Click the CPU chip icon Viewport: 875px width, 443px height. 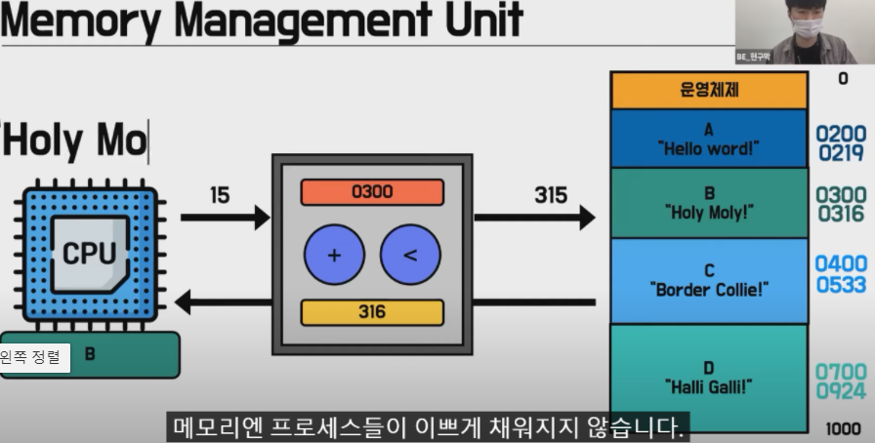(89, 254)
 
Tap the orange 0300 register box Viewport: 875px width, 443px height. (372, 192)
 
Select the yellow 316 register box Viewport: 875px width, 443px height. (372, 312)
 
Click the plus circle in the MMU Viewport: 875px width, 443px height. (334, 256)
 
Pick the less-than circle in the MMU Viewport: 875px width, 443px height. (410, 256)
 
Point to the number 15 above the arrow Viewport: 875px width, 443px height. (220, 195)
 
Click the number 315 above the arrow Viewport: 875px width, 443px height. (551, 195)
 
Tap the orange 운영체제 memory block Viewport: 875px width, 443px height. (709, 91)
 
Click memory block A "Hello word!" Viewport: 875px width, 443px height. (709, 139)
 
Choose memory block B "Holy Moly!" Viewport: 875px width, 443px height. (709, 203)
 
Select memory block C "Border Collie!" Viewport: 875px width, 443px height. (709, 280)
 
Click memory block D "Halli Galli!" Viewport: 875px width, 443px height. (709, 377)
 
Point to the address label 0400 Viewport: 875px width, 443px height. (841, 264)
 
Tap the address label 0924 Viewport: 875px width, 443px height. (841, 391)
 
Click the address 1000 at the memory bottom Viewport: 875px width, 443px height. (842, 428)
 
